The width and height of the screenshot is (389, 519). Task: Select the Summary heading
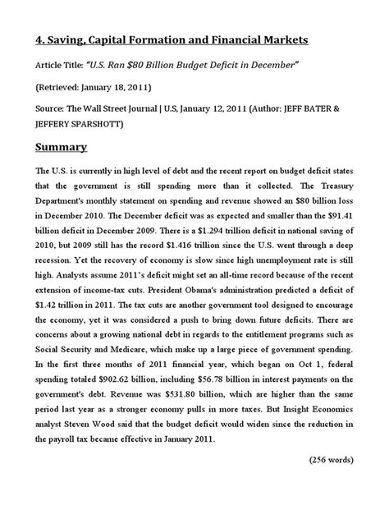click(66, 149)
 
